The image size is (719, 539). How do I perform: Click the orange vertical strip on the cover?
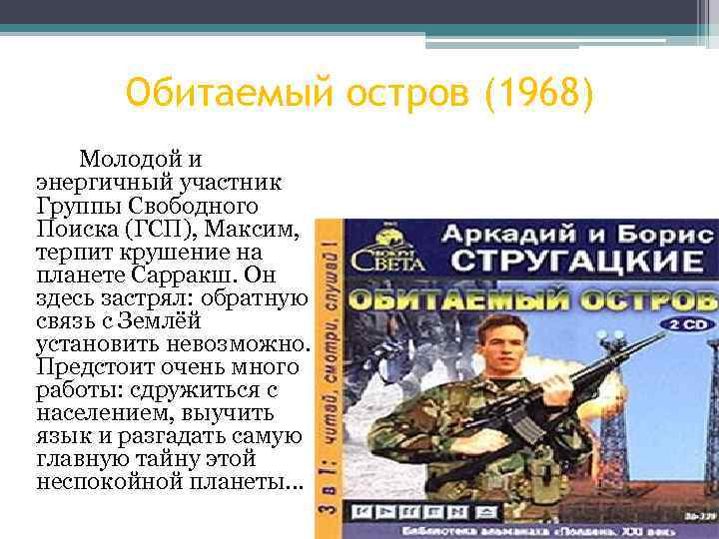(x=327, y=379)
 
